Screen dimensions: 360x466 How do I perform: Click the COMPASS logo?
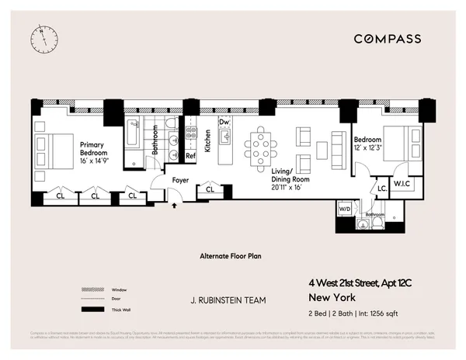tap(388, 39)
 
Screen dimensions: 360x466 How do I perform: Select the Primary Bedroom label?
tap(93, 148)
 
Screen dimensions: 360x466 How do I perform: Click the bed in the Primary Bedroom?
tap(51, 145)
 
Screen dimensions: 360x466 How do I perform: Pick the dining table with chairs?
tap(259, 144)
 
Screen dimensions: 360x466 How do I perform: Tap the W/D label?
tap(344, 208)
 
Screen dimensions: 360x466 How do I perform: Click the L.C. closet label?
tap(382, 188)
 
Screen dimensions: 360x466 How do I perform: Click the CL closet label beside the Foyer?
tap(210, 189)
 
